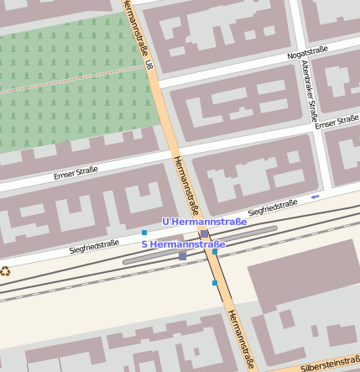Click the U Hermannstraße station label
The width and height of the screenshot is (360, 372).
point(204,222)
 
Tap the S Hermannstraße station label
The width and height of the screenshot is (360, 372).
point(183,244)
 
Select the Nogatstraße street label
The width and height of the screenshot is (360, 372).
point(307,53)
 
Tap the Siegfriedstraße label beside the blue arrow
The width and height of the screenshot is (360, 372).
point(273,207)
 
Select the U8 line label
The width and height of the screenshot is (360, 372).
point(149,64)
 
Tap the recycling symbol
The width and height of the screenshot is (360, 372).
point(6,270)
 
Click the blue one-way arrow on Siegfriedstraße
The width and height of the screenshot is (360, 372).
point(315,197)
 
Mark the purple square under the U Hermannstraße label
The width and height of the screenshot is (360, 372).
point(205,234)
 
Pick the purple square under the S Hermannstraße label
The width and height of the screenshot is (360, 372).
point(183,255)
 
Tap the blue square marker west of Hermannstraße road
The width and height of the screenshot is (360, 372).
point(144,232)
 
